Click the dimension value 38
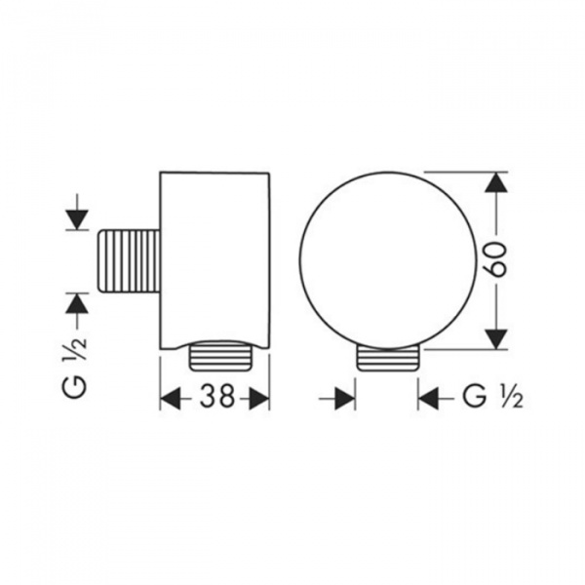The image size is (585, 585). coord(217,396)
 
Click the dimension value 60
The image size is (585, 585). coord(497,260)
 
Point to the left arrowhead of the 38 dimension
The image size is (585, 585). coord(170,398)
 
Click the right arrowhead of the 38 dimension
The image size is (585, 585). coord(259,398)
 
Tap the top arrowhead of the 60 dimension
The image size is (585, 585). coord(496,182)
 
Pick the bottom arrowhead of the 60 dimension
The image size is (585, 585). coord(496,339)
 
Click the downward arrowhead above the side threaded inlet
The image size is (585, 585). coord(77,220)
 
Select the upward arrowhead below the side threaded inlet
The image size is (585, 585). coord(77,303)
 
